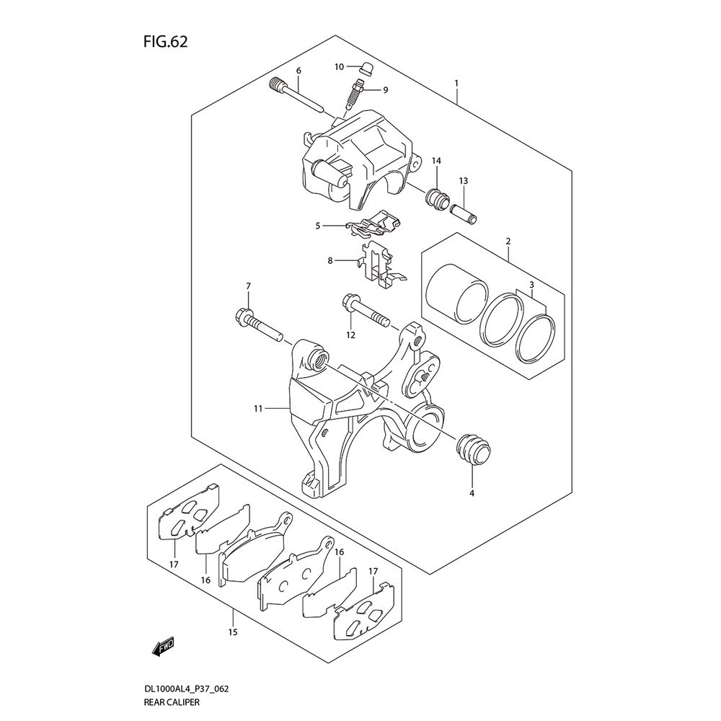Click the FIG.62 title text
point(166,42)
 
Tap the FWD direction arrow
point(163,647)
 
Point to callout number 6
point(298,71)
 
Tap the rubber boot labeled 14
point(438,199)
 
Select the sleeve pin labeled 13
point(464,213)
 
